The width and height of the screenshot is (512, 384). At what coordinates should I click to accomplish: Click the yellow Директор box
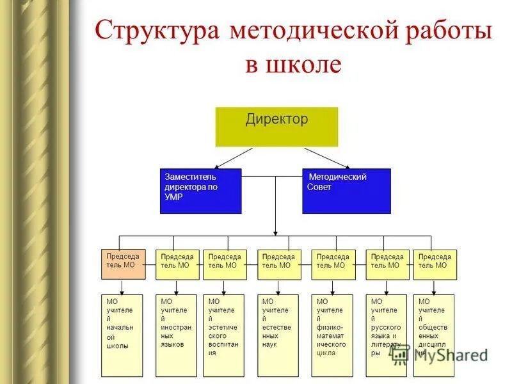click(276, 127)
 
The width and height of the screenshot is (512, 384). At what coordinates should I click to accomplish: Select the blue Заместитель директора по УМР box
click(200, 191)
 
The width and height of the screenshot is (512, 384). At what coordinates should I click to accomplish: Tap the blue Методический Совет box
click(346, 191)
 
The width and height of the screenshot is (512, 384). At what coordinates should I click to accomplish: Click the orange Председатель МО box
click(124, 264)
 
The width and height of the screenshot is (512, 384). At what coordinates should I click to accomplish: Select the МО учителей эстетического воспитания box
click(224, 335)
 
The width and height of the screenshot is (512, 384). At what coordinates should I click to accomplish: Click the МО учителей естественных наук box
click(278, 335)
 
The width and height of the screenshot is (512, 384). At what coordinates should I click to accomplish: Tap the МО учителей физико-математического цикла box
click(332, 335)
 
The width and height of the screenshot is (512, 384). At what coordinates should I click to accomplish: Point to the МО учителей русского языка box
click(387, 335)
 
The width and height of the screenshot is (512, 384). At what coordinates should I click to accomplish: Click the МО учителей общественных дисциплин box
click(434, 335)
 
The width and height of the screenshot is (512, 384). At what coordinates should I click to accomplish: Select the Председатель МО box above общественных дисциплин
click(435, 264)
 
